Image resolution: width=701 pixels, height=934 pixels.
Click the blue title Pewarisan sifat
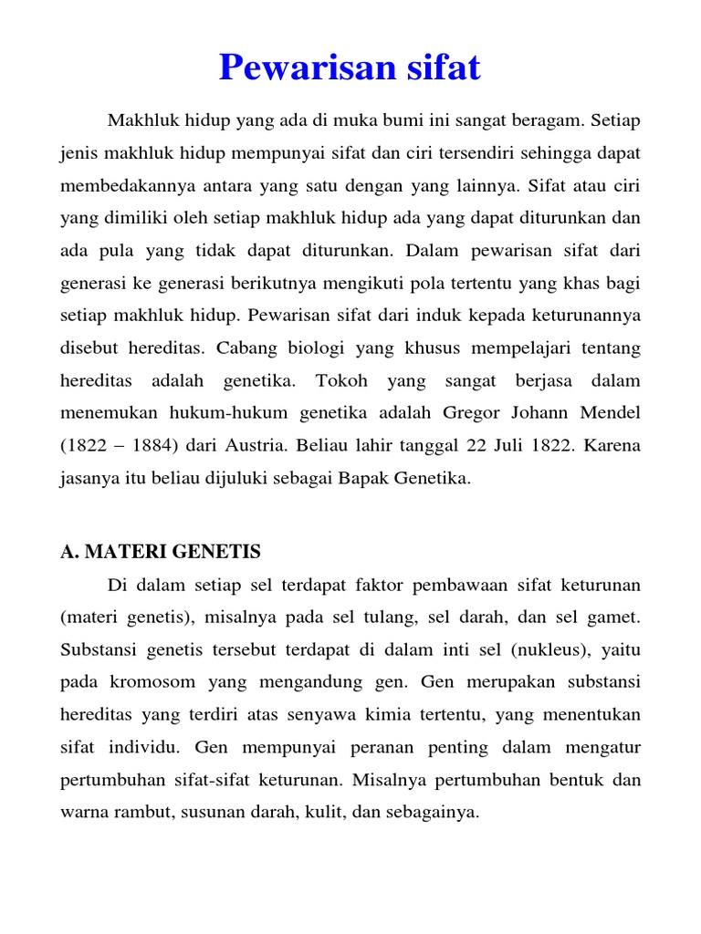350,67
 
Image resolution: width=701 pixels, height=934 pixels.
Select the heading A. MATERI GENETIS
161,551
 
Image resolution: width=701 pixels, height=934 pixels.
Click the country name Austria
253,445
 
